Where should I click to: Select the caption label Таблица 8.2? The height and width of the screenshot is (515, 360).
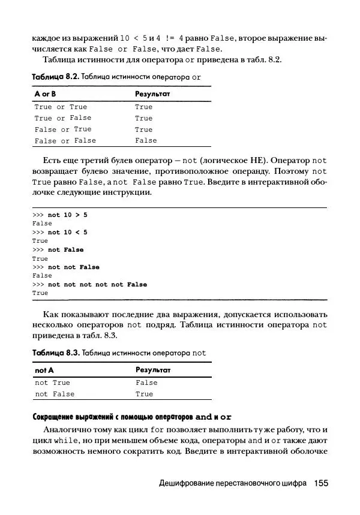55,77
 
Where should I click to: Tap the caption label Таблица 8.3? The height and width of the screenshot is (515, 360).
55,353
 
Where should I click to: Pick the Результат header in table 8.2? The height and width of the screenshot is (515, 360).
153,95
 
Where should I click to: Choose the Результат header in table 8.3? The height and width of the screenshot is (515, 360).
153,371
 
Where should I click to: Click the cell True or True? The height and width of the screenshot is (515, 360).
61,107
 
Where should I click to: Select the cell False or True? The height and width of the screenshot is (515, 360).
63,129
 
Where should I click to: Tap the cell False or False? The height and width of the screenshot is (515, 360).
65,141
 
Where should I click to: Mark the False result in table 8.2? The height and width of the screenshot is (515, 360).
146,141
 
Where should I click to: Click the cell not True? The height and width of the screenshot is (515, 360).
53,383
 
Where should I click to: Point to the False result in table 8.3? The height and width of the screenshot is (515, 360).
146,383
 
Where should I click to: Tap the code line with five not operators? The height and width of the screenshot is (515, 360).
97,285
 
